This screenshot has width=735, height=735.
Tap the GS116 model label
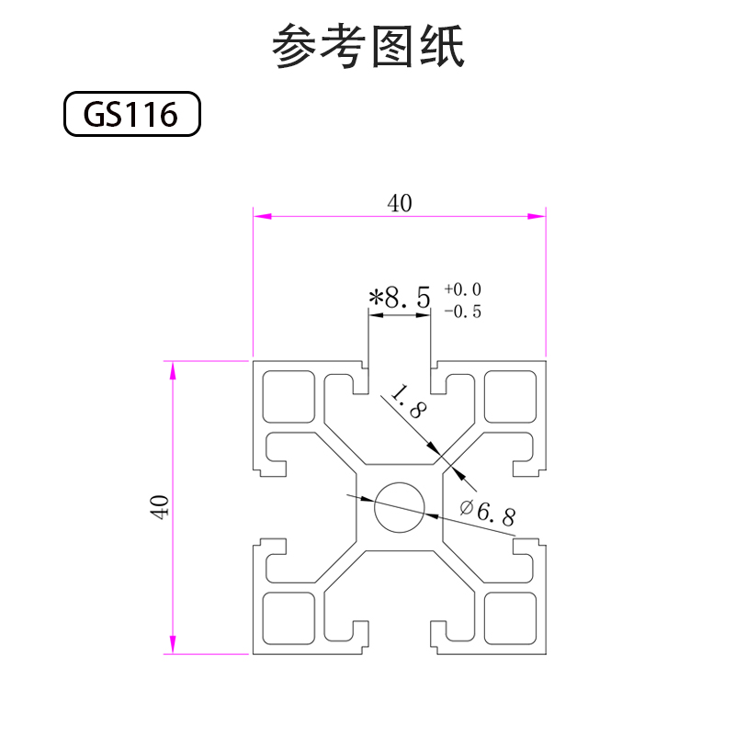pyautogui.click(x=130, y=115)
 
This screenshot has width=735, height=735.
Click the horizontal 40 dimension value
pyautogui.click(x=399, y=203)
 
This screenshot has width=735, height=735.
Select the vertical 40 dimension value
pyautogui.click(x=160, y=507)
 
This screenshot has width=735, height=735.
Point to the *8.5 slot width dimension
pyautogui.click(x=399, y=298)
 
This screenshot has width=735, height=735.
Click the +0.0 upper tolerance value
pyautogui.click(x=463, y=289)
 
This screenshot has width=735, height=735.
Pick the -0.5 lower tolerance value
pyautogui.click(x=463, y=311)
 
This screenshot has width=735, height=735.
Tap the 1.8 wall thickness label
pyautogui.click(x=407, y=403)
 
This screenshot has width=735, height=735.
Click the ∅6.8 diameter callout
pyautogui.click(x=487, y=511)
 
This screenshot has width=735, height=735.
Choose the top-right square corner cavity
pyautogui.click(x=510, y=396)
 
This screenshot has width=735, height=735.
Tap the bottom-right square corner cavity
pyautogui.click(x=510, y=617)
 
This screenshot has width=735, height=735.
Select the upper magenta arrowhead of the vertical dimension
pyautogui.click(x=171, y=369)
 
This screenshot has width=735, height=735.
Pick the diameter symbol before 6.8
pyautogui.click(x=465, y=506)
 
